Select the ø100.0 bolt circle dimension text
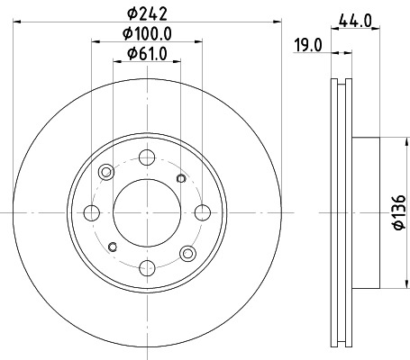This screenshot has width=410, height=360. click(146, 34)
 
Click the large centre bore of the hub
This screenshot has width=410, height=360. click(146, 212)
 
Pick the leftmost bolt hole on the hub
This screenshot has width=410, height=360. click(91, 212)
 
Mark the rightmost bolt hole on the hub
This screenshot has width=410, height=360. click(201, 212)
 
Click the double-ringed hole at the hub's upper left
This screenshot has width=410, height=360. click(107, 173)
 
